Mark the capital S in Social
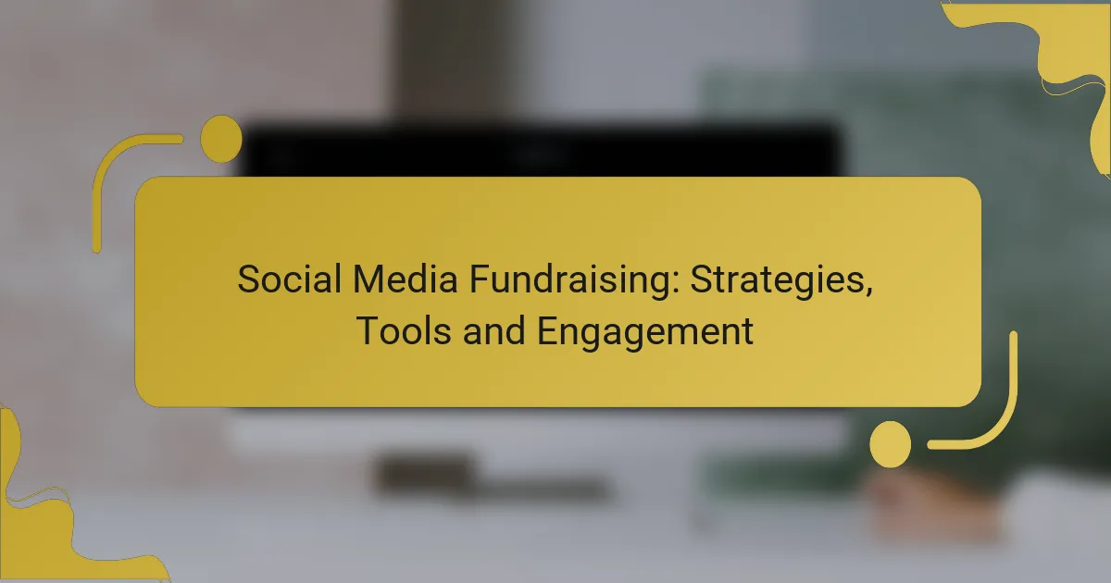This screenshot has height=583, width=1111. click(x=247, y=279)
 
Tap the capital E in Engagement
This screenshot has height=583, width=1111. click(x=548, y=331)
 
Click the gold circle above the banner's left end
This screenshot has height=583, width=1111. click(x=221, y=139)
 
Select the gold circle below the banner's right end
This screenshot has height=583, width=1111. click(x=890, y=443)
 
